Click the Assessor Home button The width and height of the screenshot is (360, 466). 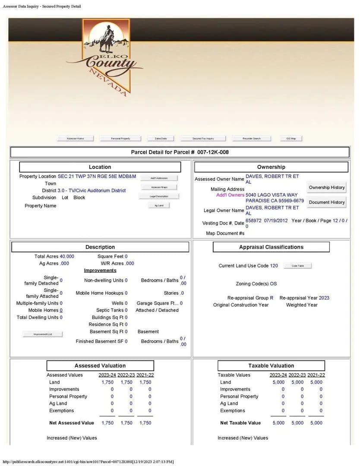[76, 139]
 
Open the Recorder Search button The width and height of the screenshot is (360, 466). [252, 139]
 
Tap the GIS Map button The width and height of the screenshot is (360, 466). [291, 139]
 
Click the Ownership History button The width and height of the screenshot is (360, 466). [327, 187]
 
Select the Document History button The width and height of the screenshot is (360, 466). [327, 202]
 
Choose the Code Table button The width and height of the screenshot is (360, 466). [297, 266]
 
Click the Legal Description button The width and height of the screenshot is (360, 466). [159, 196]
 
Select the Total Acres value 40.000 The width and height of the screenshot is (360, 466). [67, 256]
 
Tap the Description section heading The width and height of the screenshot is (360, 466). [100, 247]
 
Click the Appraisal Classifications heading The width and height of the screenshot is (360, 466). [271, 247]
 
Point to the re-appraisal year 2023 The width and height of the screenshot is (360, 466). [324, 298]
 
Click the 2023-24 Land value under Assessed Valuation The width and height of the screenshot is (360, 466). [107, 382]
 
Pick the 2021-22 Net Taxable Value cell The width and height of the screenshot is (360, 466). [316, 423]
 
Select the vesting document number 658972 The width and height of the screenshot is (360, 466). [253, 220]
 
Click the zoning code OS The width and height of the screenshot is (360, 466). [273, 284]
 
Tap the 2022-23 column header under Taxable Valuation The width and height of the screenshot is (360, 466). [297, 375]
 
